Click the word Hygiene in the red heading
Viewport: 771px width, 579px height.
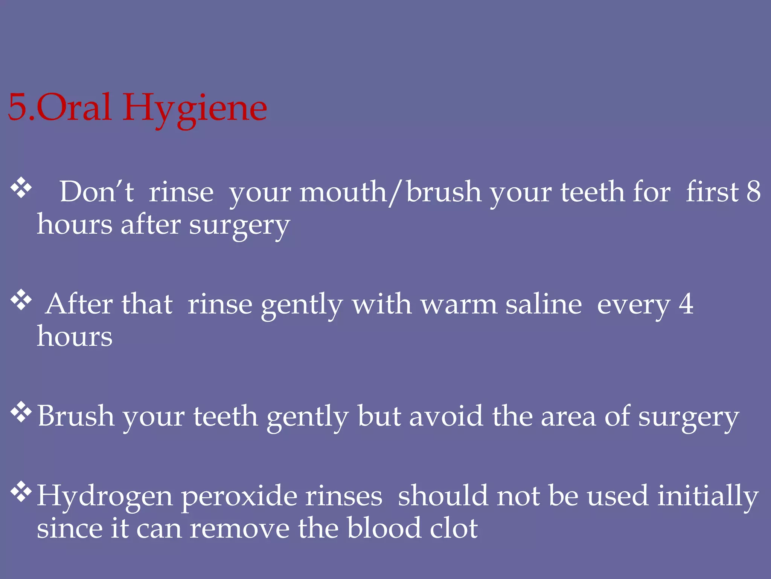coord(195,109)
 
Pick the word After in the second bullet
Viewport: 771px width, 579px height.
coord(79,304)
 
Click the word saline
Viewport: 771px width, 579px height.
coord(543,304)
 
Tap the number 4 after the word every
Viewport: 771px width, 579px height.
coord(686,303)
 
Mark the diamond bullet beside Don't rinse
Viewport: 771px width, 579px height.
coord(21,188)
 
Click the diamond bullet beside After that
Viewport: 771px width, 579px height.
coord(21,300)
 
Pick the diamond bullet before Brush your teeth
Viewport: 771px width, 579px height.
coord(21,412)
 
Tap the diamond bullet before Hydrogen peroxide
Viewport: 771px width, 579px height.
coord(21,492)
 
